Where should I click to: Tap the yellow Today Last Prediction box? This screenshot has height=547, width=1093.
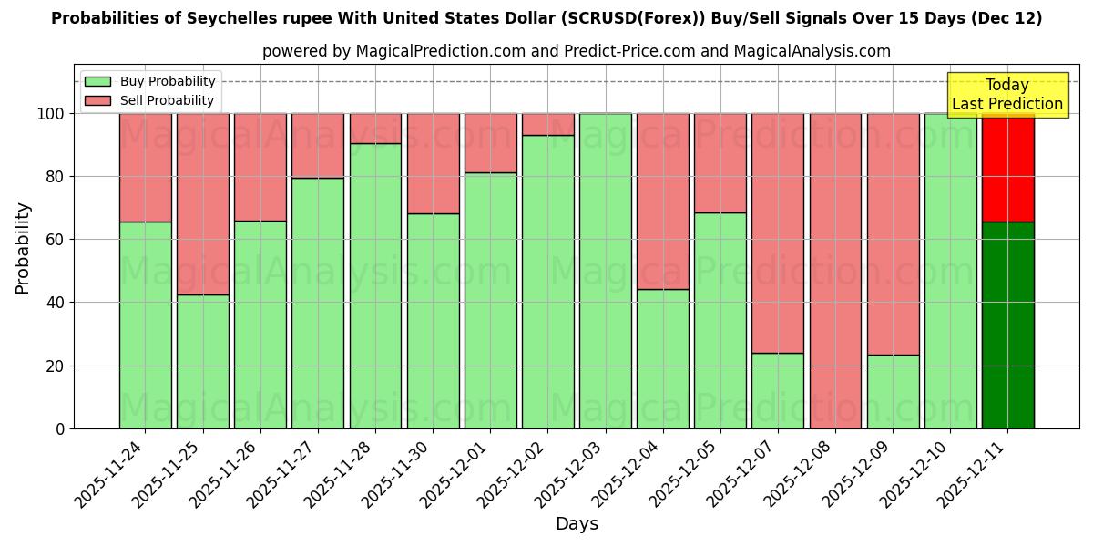[1006, 95]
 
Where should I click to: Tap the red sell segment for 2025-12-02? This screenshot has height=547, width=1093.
[548, 124]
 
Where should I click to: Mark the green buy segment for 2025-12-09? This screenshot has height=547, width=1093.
[893, 391]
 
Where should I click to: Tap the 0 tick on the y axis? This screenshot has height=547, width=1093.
[60, 428]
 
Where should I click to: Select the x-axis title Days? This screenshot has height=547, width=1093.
[577, 524]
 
